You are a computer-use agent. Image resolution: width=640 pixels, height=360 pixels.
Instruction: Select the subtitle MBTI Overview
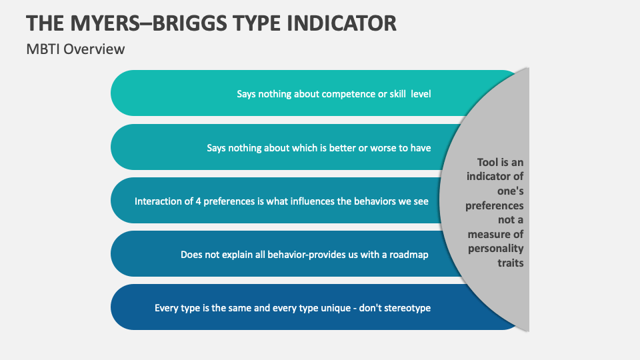tap(75, 49)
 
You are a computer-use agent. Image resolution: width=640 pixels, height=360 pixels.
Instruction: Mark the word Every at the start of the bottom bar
tap(167, 308)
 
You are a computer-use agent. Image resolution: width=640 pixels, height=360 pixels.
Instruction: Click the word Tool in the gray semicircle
tap(488, 162)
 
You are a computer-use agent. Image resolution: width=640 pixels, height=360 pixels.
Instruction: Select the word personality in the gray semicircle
tap(495, 248)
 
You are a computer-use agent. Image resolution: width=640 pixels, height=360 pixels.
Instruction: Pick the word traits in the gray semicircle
tap(511, 263)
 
